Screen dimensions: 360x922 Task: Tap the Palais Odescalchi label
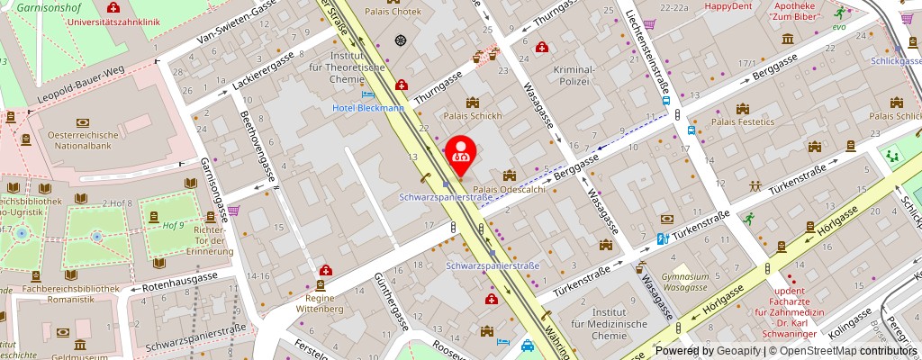click(510, 190)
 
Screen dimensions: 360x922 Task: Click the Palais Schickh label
click(473, 116)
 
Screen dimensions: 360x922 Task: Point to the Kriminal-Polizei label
click(574, 75)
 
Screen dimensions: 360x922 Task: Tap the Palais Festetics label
click(743, 121)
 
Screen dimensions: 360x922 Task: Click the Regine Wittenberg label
click(319, 303)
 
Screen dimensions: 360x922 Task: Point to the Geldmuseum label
click(79, 355)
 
